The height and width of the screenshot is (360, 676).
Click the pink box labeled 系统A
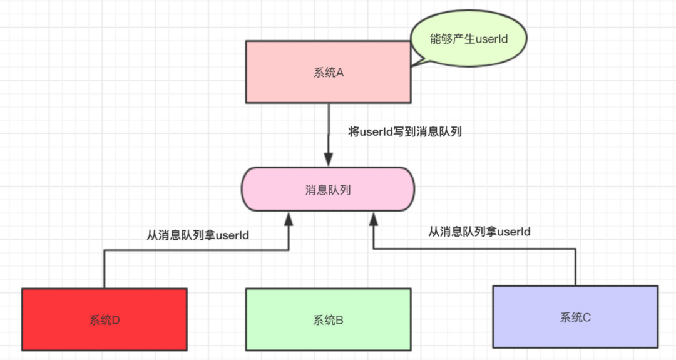294,88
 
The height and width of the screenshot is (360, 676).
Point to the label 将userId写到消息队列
405,132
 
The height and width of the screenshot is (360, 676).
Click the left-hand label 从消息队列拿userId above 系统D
198,235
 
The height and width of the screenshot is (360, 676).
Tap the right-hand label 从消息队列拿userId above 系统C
479,232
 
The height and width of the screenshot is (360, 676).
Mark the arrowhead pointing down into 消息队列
329,158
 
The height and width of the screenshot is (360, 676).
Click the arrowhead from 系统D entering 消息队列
289,219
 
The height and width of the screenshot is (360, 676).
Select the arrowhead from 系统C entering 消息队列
373,219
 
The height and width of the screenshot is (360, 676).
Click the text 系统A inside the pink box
329,73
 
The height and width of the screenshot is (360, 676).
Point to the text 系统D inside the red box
105,320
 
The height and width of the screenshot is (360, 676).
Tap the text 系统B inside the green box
329,320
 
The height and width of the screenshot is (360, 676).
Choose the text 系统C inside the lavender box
575,317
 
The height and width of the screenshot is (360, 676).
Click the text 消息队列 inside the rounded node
328,190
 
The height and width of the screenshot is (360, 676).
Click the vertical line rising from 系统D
105,269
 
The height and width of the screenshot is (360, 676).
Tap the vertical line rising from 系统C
575,268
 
